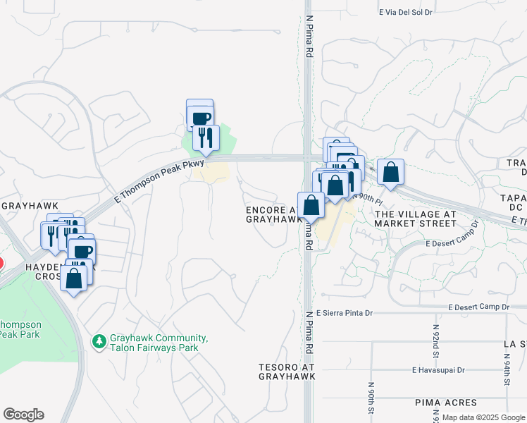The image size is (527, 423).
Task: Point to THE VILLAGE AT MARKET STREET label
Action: [415, 219]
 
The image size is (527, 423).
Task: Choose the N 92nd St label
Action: [437, 339]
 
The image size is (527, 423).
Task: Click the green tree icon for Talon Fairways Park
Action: [99, 341]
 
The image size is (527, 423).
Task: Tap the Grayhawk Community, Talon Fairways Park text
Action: [158, 343]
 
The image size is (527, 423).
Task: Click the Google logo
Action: [23, 415]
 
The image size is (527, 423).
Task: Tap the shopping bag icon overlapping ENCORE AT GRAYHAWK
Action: [311, 205]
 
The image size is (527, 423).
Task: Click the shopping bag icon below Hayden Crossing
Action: [74, 278]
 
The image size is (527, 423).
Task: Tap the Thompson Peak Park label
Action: [21, 329]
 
